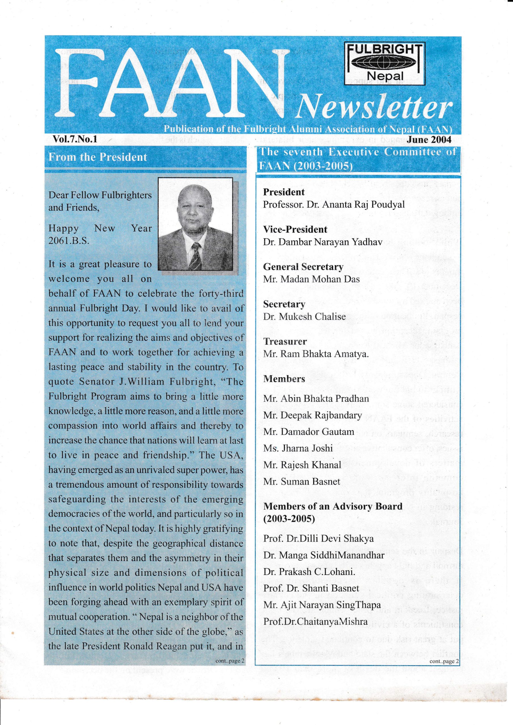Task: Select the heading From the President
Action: pyautogui.click(x=98, y=157)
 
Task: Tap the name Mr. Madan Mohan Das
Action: pyautogui.click(x=311, y=279)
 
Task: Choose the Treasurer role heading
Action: pyautogui.click(x=285, y=341)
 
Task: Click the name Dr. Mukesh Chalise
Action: pyautogui.click(x=304, y=316)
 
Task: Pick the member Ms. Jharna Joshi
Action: pyautogui.click(x=298, y=448)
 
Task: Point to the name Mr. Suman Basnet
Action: pyautogui.click(x=302, y=481)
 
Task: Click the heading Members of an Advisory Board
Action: pyautogui.click(x=333, y=506)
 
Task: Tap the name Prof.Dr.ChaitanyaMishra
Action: pyautogui.click(x=315, y=622)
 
